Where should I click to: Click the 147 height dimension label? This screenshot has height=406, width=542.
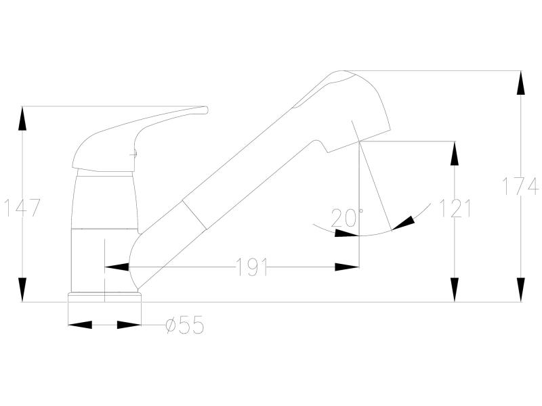[x=22, y=208]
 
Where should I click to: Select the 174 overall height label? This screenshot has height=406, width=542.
[x=520, y=186]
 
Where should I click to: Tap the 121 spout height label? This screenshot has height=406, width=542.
[x=455, y=208]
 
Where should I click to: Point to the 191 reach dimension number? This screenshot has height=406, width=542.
[x=251, y=267]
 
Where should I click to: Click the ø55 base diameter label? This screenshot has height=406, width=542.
[x=185, y=325]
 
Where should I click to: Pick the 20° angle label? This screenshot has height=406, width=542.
[x=346, y=217]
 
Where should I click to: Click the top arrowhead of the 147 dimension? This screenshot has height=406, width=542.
[x=22, y=118]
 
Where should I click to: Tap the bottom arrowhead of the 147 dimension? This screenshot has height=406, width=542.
[x=22, y=290]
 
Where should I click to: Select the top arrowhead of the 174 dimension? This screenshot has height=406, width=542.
[x=520, y=83]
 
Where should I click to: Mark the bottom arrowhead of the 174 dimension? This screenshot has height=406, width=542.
[x=520, y=290]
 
